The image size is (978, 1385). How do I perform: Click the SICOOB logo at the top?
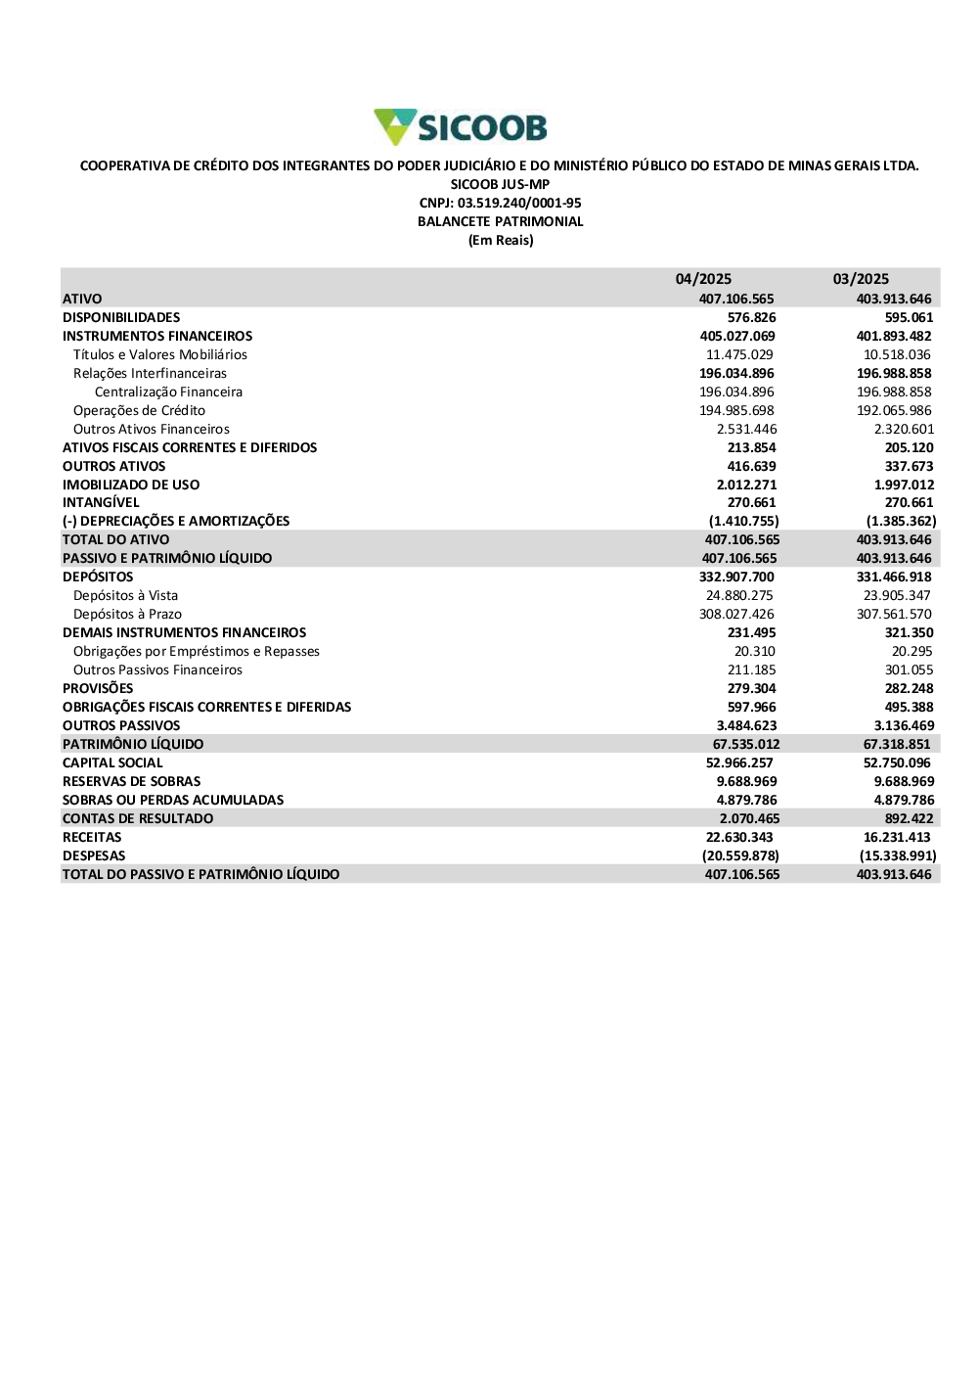pyautogui.click(x=461, y=127)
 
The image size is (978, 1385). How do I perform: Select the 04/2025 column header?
pyautogui.click(x=703, y=279)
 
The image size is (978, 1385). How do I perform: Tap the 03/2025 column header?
pyautogui.click(x=861, y=279)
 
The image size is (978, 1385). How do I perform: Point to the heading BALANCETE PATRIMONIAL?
pyautogui.click(x=500, y=221)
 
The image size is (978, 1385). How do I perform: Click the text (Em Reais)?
pyautogui.click(x=501, y=240)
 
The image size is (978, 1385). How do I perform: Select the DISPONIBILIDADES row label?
pyautogui.click(x=121, y=317)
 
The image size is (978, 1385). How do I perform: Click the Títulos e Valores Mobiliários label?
pyautogui.click(x=160, y=354)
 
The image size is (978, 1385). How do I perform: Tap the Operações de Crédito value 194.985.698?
pyautogui.click(x=736, y=410)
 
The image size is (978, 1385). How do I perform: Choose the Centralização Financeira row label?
pyautogui.click(x=168, y=392)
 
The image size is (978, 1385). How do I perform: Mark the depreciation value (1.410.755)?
pyautogui.click(x=743, y=521)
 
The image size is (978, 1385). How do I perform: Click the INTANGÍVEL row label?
pyautogui.click(x=101, y=502)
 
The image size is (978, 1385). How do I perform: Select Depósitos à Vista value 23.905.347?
pyautogui.click(x=897, y=595)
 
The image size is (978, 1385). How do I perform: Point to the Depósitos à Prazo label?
pyautogui.click(x=127, y=614)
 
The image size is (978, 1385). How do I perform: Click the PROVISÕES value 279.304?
pyautogui.click(x=751, y=688)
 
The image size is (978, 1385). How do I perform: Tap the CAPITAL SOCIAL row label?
pyautogui.click(x=112, y=762)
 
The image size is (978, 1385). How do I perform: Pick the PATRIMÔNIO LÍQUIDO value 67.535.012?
pyautogui.click(x=746, y=744)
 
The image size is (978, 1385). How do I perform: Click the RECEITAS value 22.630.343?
pyautogui.click(x=739, y=837)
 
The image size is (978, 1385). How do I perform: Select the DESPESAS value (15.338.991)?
pyautogui.click(x=897, y=855)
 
